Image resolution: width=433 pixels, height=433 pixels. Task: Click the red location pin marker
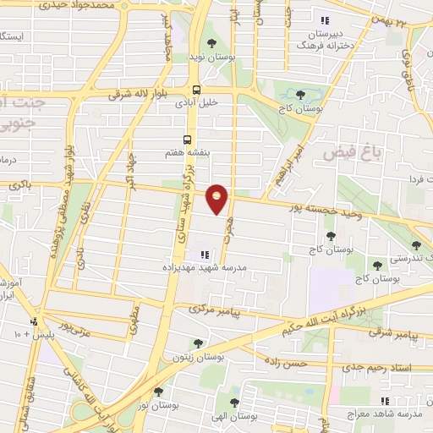pyautogui.click(x=217, y=198)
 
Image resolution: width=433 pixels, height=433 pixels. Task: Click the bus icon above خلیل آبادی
pyautogui.click(x=196, y=88)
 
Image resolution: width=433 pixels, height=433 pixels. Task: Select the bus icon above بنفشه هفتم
pyautogui.click(x=187, y=140)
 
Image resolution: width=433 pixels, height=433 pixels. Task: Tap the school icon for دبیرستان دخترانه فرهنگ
pyautogui.click(x=321, y=21)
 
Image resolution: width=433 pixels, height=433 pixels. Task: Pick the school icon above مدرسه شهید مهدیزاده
pyautogui.click(x=204, y=254)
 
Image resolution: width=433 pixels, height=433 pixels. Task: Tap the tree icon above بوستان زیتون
pyautogui.click(x=197, y=343)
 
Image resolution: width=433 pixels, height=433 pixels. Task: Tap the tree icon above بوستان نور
pyautogui.click(x=158, y=392)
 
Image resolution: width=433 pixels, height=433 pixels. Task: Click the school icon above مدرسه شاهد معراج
pyautogui.click(x=386, y=402)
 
